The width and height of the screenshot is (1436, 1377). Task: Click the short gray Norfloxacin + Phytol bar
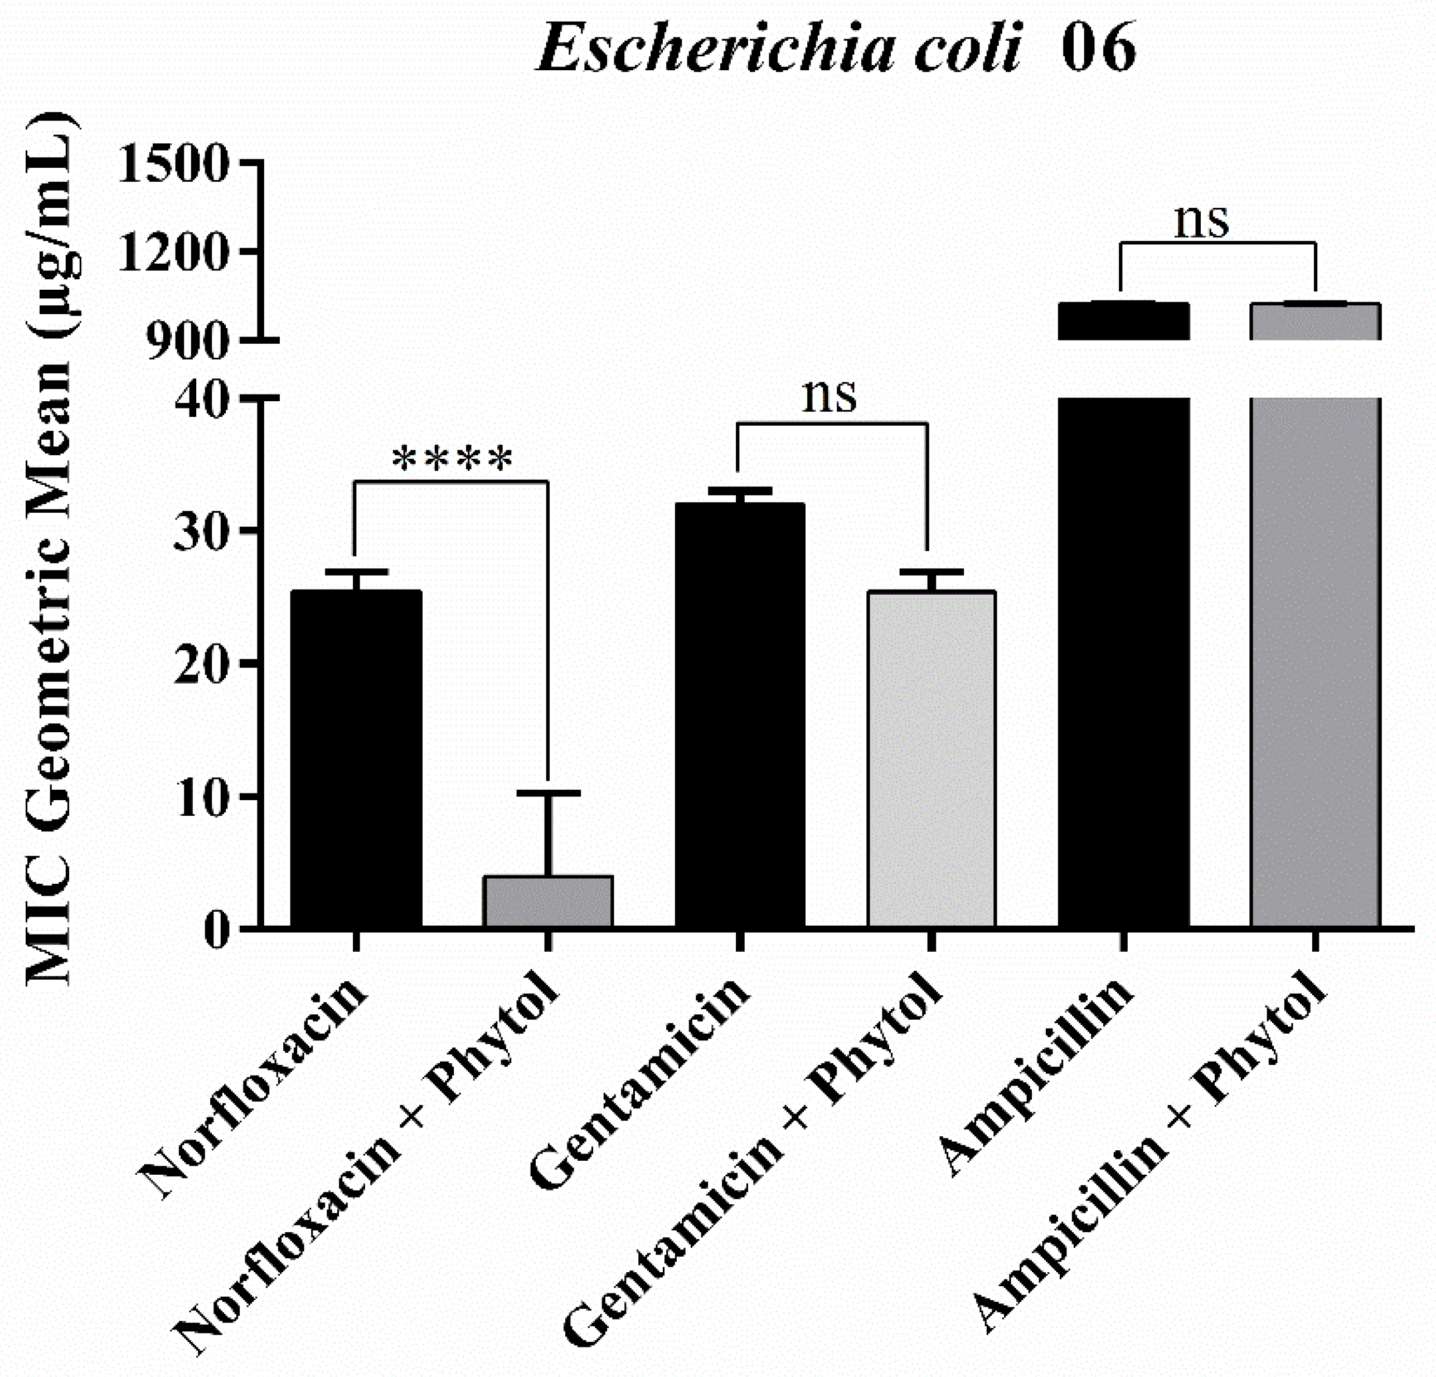point(547,901)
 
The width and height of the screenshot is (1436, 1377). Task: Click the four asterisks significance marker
point(452,459)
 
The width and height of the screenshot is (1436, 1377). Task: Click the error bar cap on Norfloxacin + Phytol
point(547,792)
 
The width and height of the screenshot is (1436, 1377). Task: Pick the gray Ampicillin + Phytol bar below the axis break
point(1315,659)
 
